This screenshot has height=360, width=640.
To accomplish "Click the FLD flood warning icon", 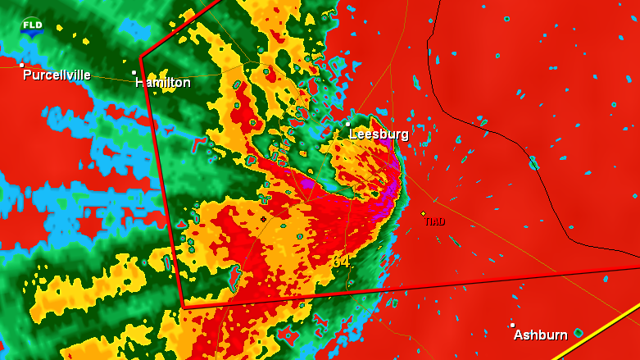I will [x=32, y=26].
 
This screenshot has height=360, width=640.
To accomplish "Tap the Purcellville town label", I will [x=57, y=75].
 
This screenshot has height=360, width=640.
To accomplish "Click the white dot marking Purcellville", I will [x=22, y=65].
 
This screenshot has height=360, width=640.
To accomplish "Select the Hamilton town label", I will [x=163, y=83].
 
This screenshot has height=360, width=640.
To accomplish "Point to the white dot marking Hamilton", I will [x=134, y=72].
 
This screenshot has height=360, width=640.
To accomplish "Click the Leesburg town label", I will [x=379, y=134].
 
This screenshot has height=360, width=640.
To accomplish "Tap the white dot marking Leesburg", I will [x=347, y=124].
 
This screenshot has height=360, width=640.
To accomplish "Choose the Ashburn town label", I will [x=540, y=335].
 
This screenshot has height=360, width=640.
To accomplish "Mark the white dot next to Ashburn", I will [x=512, y=325].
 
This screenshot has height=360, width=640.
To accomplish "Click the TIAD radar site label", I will [x=434, y=221].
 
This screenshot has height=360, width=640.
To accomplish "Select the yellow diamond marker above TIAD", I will [x=423, y=213].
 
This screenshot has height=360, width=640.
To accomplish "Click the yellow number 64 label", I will [x=340, y=261].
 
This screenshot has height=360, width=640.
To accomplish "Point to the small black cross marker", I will [x=263, y=220].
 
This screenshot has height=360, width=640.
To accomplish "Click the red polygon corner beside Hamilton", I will [x=141, y=57].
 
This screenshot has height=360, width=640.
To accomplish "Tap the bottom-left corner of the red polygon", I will [x=184, y=306].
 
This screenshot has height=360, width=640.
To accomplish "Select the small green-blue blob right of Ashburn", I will [x=579, y=333].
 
